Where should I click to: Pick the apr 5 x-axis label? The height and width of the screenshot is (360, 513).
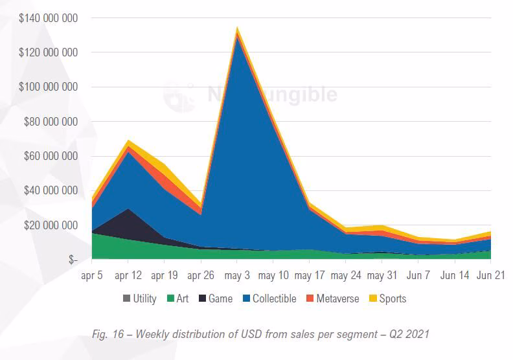92,276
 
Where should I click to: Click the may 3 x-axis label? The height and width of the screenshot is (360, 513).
237,276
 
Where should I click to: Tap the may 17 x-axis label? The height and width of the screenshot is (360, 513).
310,276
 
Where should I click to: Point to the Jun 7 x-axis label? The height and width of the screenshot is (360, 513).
418,276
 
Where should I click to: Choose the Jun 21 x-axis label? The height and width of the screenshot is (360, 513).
490,276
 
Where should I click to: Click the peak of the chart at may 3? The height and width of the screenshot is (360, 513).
237,28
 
